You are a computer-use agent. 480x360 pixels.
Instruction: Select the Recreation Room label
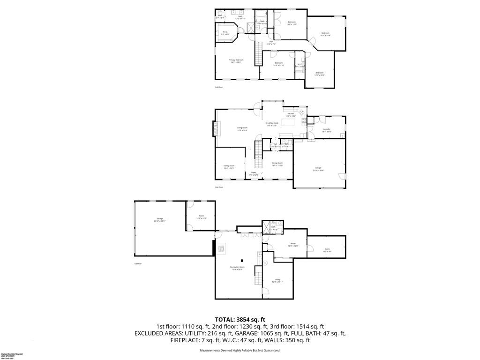237,268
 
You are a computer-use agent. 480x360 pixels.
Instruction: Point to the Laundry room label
327,130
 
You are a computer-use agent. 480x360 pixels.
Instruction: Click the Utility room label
277,280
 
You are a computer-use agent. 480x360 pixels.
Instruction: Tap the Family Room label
229,166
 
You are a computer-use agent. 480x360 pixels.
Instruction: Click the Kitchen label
291,114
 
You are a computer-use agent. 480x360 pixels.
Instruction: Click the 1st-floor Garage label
159,219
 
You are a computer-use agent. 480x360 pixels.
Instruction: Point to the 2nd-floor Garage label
318,169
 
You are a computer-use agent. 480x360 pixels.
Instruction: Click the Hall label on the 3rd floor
271,43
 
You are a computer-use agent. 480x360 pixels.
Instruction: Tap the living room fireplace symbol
216,128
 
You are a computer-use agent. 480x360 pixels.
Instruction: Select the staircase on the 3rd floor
257,53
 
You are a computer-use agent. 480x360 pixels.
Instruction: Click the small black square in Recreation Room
242,260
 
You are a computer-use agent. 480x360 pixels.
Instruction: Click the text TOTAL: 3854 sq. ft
240,319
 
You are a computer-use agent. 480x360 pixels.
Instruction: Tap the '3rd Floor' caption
219,87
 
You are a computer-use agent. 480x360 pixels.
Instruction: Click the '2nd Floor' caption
219,187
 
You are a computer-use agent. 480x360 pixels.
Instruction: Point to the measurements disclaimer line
240,350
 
